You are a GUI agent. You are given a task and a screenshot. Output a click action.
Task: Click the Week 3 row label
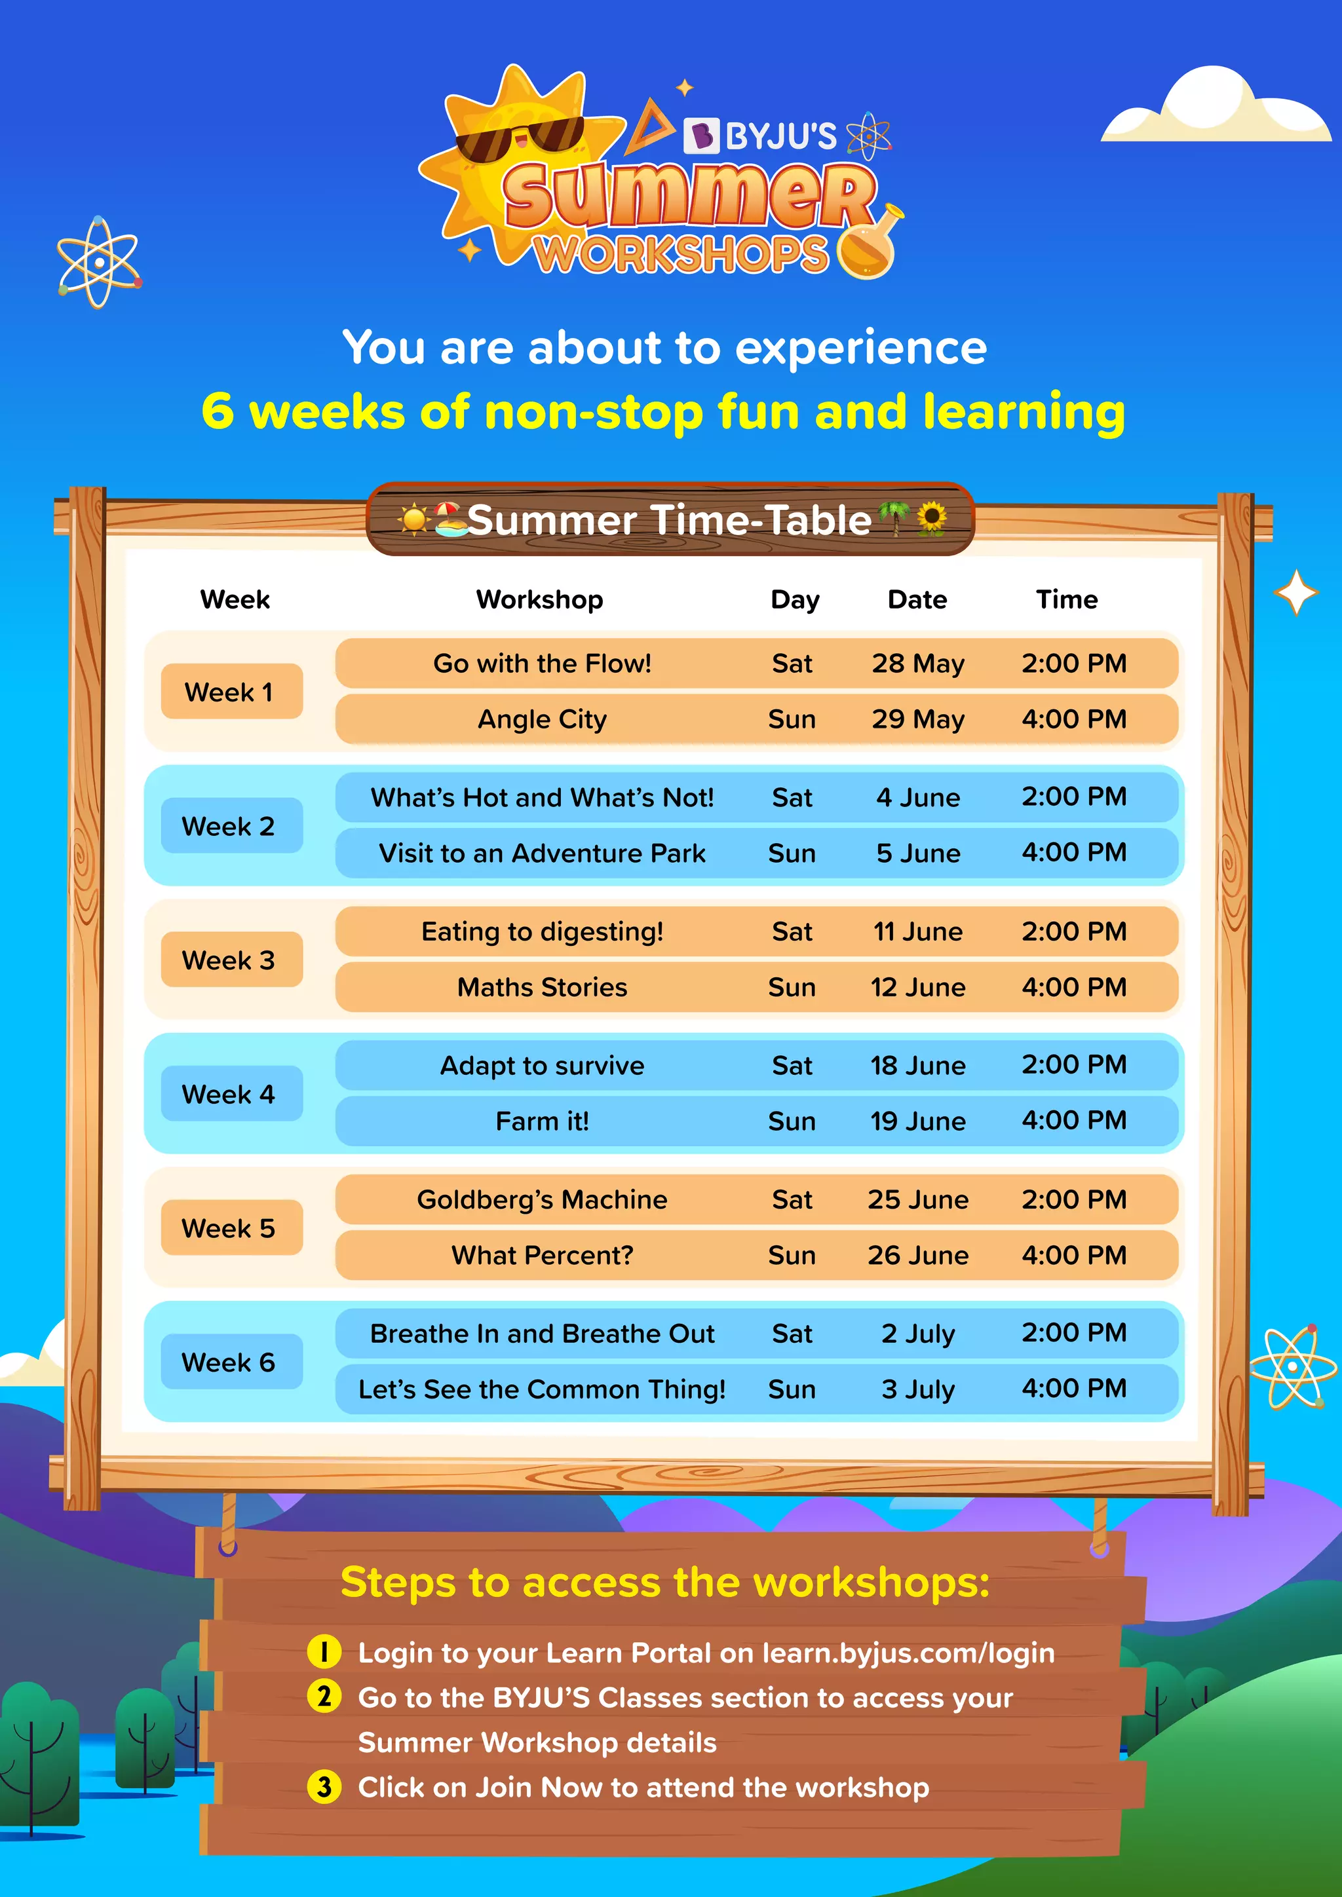tap(229, 960)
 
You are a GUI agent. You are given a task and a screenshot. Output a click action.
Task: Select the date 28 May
tap(918, 664)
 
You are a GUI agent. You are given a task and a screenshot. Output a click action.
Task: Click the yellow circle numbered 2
tap(324, 1697)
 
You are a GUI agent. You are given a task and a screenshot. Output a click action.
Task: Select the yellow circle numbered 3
tap(324, 1787)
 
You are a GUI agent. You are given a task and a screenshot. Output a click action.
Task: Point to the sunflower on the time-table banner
tap(931, 519)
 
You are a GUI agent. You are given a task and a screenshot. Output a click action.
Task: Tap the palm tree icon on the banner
tap(893, 518)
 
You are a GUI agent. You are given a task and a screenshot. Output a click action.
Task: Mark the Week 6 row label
tap(229, 1362)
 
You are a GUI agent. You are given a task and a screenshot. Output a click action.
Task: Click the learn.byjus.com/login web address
tap(908, 1653)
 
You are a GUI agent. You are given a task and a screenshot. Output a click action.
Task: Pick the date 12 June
tap(918, 987)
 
